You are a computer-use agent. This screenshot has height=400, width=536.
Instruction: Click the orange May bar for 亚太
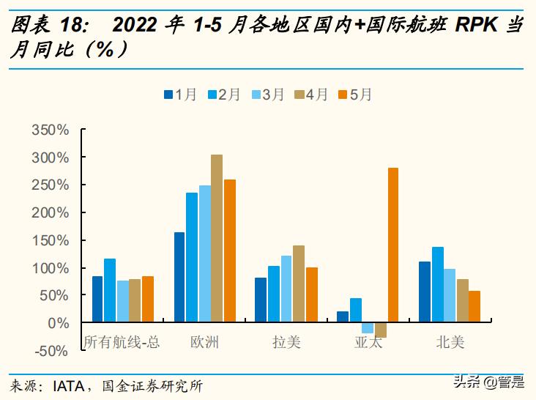click(393, 245)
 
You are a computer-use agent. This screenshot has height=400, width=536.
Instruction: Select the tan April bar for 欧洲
click(217, 238)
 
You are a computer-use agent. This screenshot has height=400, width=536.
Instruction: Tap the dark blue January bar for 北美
click(424, 292)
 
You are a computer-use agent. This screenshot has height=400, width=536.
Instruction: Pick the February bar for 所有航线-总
click(110, 290)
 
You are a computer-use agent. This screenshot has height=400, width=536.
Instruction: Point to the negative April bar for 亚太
click(381, 330)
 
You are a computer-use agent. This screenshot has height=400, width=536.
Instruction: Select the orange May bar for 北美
click(474, 306)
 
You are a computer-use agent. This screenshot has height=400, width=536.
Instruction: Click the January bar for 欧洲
click(179, 277)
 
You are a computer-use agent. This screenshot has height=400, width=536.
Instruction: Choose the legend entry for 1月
click(180, 95)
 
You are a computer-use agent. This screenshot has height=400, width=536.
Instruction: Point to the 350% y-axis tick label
click(51, 130)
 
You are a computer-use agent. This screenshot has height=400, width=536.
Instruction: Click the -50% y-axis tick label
click(51, 351)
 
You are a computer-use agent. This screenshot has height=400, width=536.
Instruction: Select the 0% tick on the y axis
click(59, 323)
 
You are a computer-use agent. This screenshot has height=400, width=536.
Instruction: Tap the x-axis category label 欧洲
click(204, 342)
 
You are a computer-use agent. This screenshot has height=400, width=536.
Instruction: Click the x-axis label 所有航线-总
click(122, 342)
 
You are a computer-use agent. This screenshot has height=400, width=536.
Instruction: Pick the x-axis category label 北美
click(450, 342)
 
